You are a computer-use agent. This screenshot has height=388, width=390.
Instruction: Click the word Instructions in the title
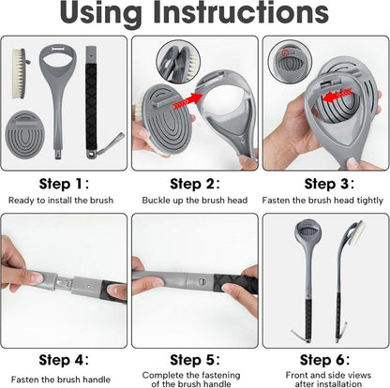point(241,12)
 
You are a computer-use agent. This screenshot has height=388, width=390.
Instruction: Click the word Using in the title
point(100,14)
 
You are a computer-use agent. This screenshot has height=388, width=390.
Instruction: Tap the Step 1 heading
point(64,184)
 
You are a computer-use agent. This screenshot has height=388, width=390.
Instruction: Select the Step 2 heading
point(195,184)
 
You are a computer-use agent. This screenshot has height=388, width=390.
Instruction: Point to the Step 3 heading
point(329,184)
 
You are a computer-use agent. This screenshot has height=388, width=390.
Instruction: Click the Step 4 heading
point(64,360)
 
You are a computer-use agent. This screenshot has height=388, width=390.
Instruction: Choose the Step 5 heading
point(195,360)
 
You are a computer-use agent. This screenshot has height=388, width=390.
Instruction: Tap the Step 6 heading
point(324,360)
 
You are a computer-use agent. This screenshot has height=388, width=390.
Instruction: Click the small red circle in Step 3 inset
point(285,53)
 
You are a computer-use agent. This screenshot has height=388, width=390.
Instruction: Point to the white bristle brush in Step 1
point(21,73)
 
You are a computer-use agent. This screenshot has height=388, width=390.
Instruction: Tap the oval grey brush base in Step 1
point(25,134)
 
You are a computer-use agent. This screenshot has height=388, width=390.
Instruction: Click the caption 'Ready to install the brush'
point(61,201)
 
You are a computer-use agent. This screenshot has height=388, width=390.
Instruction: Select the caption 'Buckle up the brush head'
point(195,201)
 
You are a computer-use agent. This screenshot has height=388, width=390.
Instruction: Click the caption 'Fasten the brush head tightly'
point(322,201)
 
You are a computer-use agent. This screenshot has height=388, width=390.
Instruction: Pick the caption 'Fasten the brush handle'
point(61,380)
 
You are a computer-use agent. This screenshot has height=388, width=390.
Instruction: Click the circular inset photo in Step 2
point(178,62)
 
